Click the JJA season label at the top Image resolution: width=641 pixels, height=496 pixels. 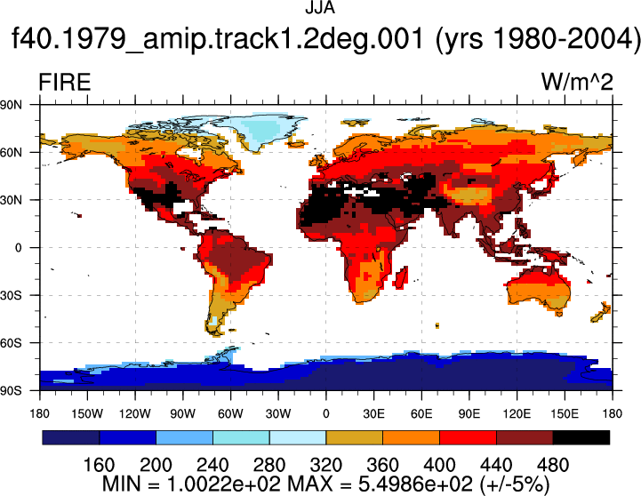tap(320, 8)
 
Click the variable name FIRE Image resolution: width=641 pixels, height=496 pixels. tap(65, 82)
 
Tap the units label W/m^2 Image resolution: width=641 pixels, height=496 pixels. tap(577, 82)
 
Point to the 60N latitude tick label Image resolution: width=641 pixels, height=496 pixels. tap(11, 152)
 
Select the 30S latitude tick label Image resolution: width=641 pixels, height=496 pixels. tap(11, 295)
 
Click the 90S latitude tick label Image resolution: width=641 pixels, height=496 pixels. tap(11, 390)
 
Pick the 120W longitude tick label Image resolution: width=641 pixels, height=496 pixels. tap(135, 413)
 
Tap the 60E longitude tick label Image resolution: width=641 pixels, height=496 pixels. tap(421, 413)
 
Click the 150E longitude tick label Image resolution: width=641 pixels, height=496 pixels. tap(565, 413)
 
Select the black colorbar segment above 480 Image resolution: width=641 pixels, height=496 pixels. tap(581, 437)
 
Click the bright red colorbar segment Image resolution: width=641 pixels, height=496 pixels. tap(468, 437)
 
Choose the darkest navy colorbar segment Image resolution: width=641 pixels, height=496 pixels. tap(71, 437)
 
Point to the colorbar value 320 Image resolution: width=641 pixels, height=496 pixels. tap(325, 465)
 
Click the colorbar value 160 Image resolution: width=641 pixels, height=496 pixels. tap(99, 465)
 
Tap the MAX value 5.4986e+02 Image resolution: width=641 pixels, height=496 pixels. tap(415, 484)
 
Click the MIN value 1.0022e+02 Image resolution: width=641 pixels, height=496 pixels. tap(224, 484)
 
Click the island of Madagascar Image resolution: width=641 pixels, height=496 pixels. tap(402, 277)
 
